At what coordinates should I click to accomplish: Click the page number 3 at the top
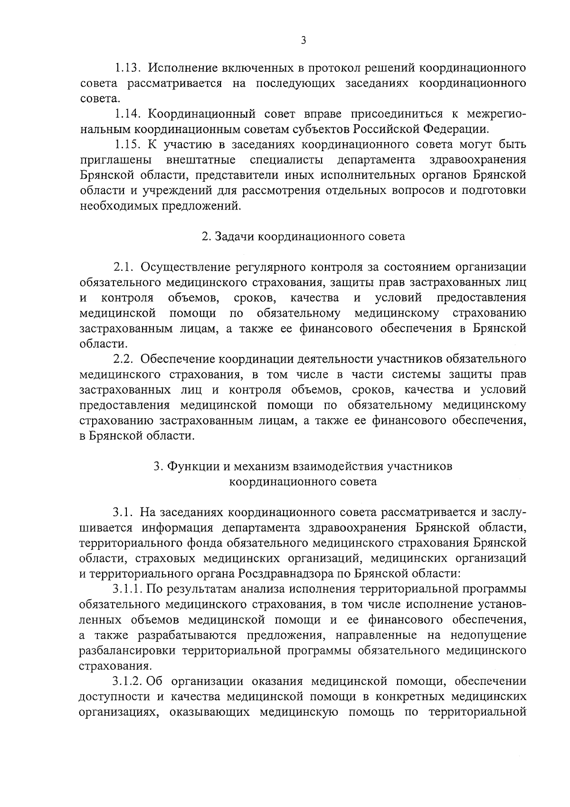[303, 41]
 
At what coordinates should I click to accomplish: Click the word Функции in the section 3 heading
[188, 466]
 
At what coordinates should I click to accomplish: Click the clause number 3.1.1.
[128, 589]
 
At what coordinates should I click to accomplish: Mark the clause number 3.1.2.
[128, 681]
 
